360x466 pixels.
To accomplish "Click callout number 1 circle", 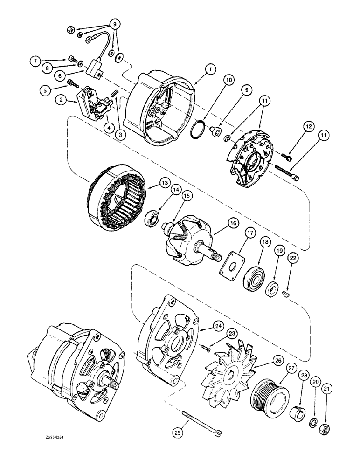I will (x=210, y=69).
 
